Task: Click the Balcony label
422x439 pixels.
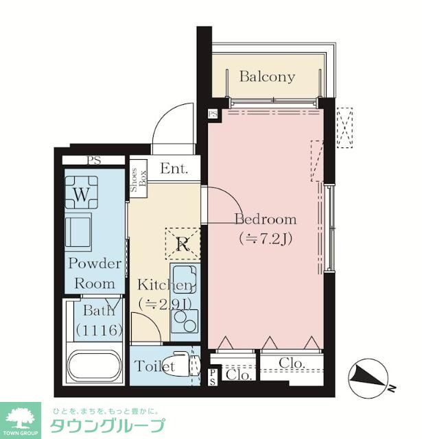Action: click(267, 77)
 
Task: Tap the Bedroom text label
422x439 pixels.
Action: click(266, 219)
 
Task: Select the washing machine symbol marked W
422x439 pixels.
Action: click(82, 192)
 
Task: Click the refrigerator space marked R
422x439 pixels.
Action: click(183, 244)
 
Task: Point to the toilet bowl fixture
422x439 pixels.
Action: click(176, 364)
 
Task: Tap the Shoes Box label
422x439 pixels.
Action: click(139, 180)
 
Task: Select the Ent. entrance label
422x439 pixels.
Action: click(174, 169)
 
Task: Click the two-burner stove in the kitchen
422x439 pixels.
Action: click(185, 321)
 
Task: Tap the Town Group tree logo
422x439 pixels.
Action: click(21, 419)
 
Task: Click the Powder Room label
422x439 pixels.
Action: click(95, 274)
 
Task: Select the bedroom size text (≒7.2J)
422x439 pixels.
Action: click(266, 239)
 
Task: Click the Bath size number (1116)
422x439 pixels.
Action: click(99, 330)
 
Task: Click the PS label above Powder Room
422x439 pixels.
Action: click(93, 161)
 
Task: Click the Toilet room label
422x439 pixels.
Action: click(154, 366)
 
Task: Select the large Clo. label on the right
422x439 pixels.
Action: click(292, 363)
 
